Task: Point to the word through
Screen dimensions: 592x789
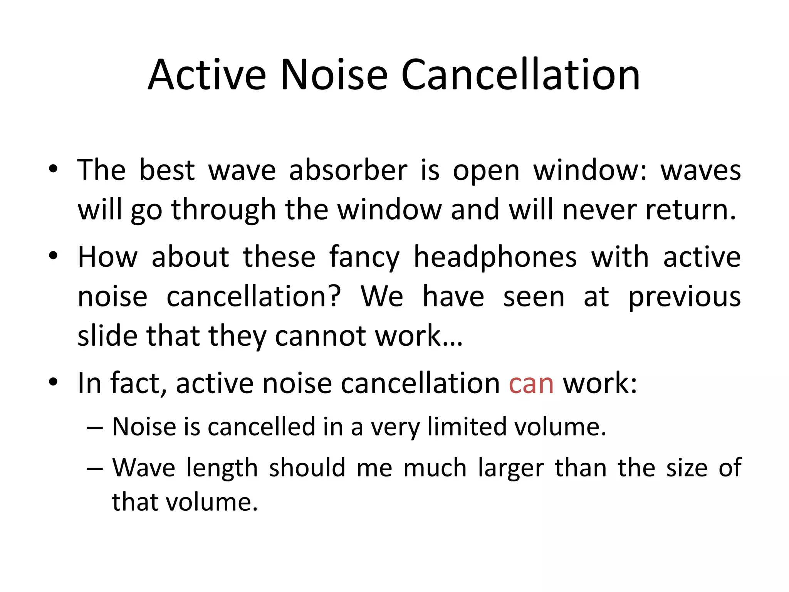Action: [223, 210]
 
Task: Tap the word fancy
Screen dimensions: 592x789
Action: [364, 257]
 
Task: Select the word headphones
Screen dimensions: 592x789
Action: [495, 257]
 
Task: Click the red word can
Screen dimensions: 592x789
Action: [531, 383]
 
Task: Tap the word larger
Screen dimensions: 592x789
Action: [511, 468]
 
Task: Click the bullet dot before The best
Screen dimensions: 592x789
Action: [53, 169]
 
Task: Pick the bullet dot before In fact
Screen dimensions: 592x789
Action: [53, 382]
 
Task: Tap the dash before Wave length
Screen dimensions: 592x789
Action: [95, 469]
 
